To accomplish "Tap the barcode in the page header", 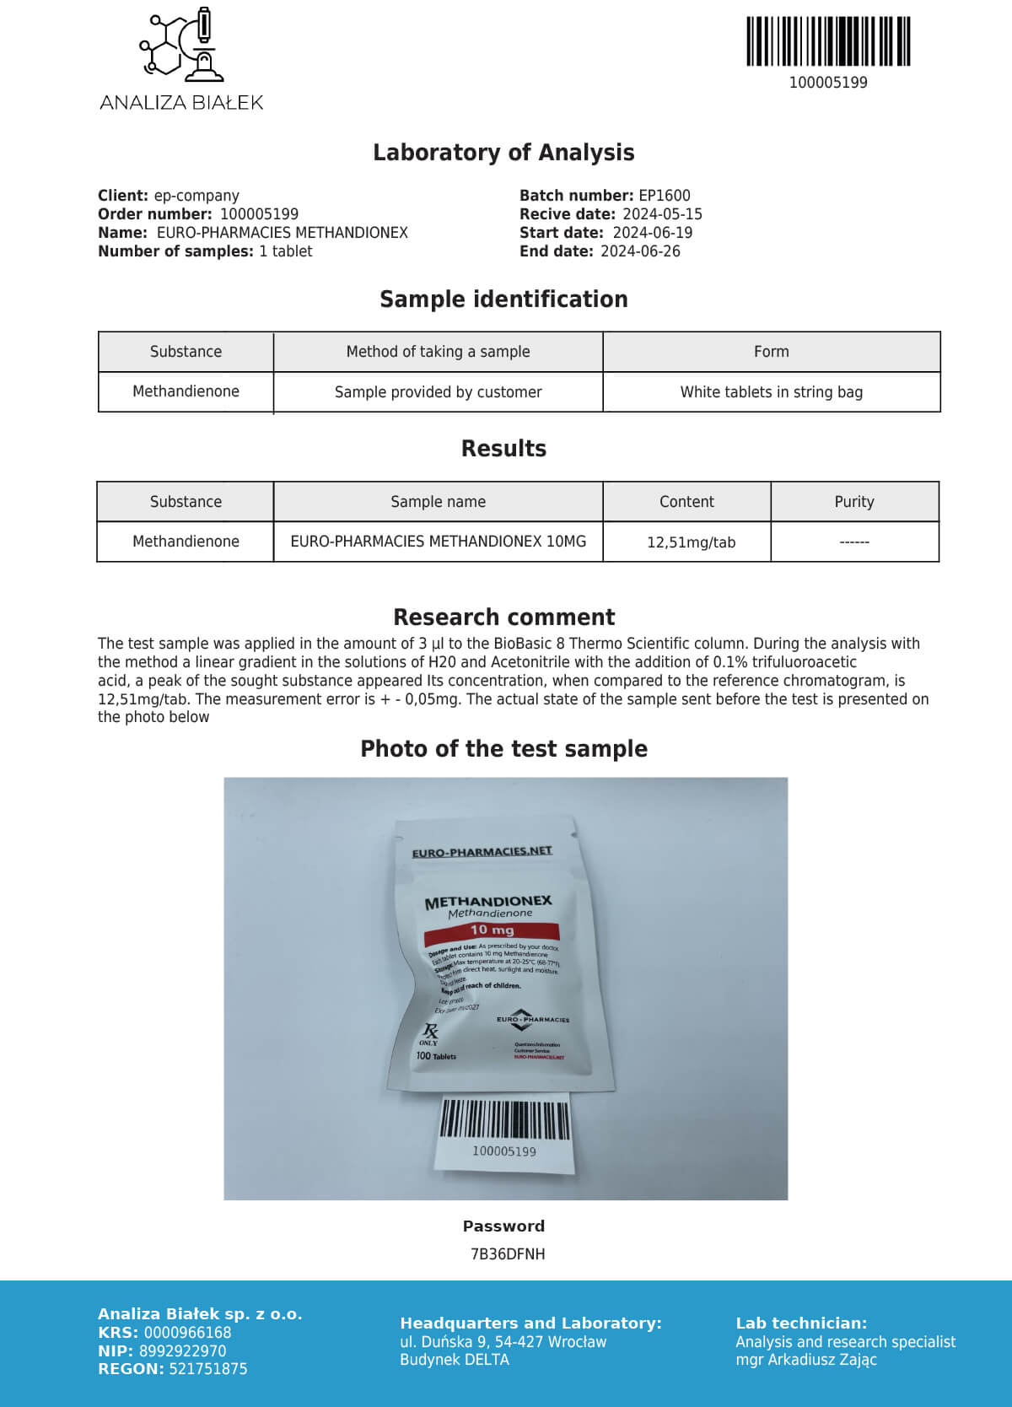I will coord(828,41).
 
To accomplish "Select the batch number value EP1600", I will coord(665,196).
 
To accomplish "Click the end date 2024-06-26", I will coord(640,251).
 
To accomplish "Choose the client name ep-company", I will coord(196,196).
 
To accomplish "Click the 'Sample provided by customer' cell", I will coord(438,392).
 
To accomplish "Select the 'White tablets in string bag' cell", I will coord(771,392).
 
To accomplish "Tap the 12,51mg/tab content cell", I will coord(691,542).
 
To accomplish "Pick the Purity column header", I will coord(853,502).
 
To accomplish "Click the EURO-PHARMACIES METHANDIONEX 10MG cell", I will coord(438,542).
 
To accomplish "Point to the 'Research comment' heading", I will coord(503,617).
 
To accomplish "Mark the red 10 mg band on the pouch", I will coord(492,930).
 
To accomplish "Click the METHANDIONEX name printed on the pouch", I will coord(488,902).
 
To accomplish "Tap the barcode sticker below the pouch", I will coord(504,1132).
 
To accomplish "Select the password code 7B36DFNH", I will coord(507,1254).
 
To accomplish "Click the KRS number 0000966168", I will coord(187,1333).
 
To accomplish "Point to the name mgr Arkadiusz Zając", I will coord(805,1360).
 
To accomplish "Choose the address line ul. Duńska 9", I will coord(503,1342).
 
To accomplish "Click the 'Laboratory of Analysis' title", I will coord(503,153).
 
